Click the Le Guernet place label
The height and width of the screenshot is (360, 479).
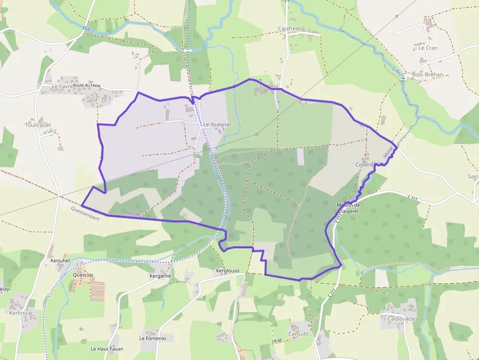(x=217, y=125)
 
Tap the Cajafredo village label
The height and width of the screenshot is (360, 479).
(x=291, y=28)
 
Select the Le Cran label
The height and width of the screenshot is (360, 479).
(x=428, y=48)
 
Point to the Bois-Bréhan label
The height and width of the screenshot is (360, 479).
(x=428, y=75)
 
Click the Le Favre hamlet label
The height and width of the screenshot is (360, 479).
(x=62, y=86)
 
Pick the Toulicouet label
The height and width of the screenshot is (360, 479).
(x=38, y=125)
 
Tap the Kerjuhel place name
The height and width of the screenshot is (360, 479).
(x=61, y=261)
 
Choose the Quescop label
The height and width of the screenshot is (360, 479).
(x=83, y=275)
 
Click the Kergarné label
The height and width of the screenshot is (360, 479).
(x=160, y=276)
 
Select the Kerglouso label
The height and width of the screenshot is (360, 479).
(x=227, y=271)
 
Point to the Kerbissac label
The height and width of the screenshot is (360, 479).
(x=22, y=313)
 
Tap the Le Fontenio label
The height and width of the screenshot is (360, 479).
(x=152, y=338)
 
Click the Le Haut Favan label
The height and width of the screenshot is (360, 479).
(x=107, y=349)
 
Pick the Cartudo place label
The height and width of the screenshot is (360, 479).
(x=298, y=334)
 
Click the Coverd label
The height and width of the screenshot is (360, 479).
(x=365, y=165)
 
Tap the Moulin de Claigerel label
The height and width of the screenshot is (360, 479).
(x=348, y=208)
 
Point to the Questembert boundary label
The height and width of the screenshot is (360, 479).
(x=85, y=214)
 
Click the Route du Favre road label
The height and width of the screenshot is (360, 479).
(x=87, y=85)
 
